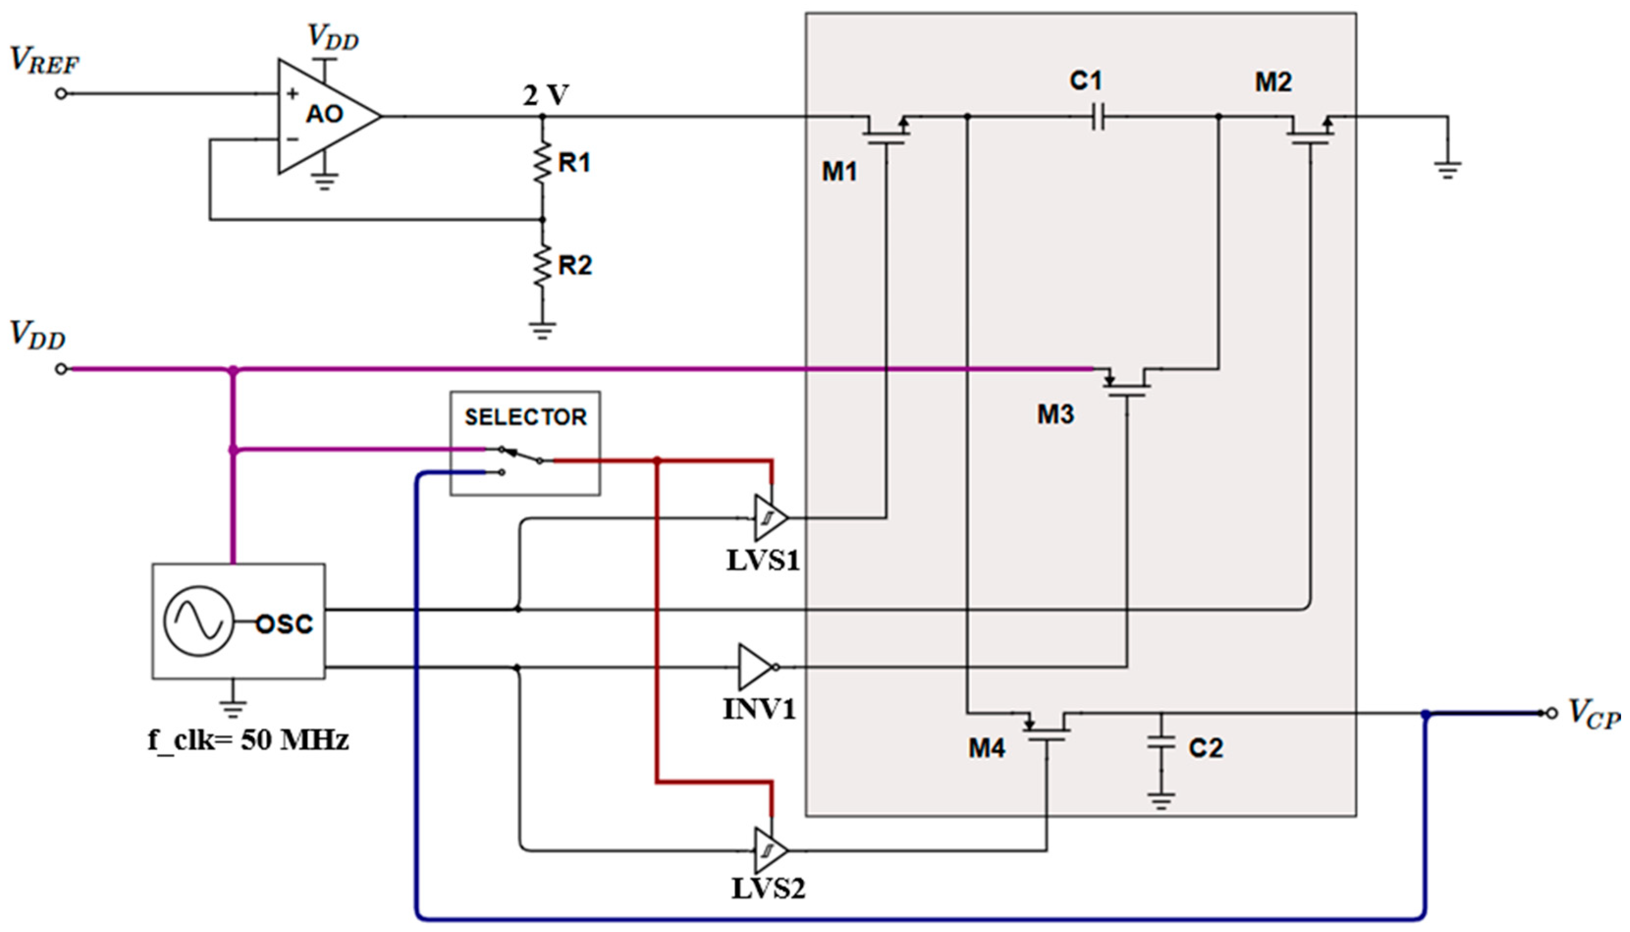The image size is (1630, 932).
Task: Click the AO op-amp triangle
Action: pos(323,116)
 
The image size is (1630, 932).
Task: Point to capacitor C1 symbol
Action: pos(1097,117)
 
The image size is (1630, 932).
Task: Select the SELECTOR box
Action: pos(525,443)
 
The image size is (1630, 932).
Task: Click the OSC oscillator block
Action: pos(238,621)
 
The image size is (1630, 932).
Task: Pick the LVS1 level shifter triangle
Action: pos(770,517)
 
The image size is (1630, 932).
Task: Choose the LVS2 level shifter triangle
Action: pos(770,850)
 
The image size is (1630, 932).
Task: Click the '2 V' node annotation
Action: pos(545,96)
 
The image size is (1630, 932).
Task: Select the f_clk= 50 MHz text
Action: pos(248,741)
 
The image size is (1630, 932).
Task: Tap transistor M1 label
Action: pos(839,172)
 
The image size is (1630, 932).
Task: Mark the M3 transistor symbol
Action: pos(1126,383)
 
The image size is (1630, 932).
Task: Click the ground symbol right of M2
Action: pos(1447,170)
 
